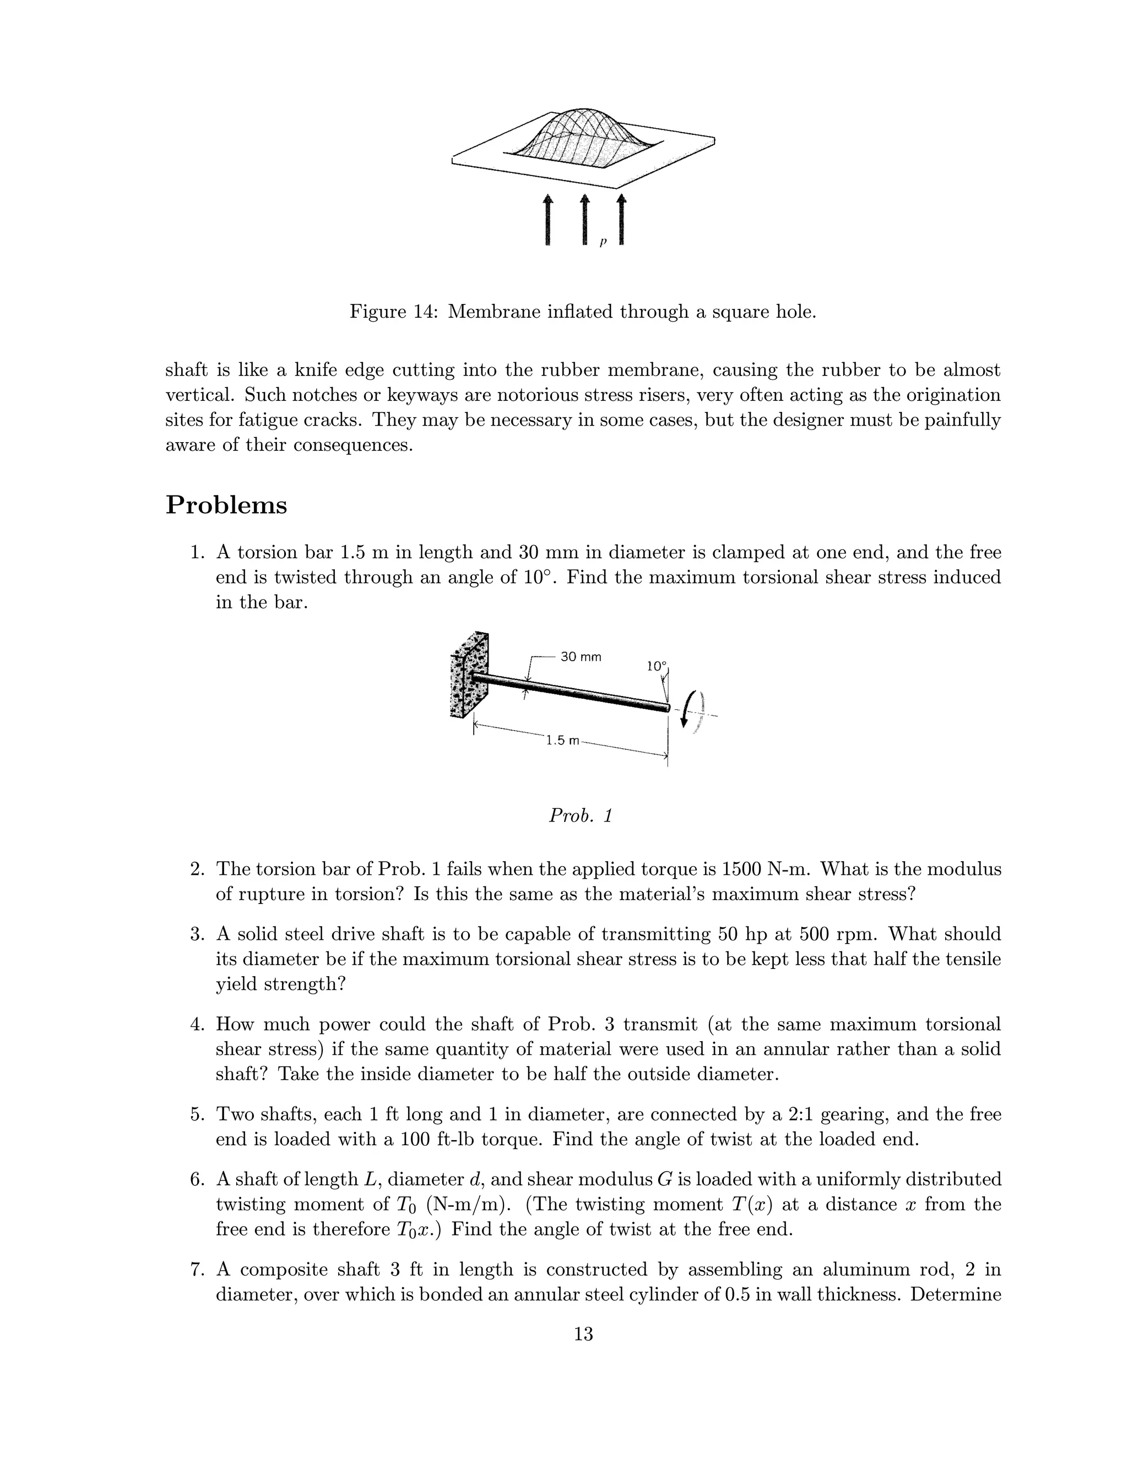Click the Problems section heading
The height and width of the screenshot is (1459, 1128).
click(226, 505)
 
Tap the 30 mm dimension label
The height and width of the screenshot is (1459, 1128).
click(580, 657)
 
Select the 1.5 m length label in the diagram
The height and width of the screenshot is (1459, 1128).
click(563, 740)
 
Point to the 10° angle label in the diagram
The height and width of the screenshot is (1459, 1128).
click(656, 666)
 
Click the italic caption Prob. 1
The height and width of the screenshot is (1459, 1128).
click(580, 816)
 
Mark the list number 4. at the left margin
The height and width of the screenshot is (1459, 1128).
click(197, 1024)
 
